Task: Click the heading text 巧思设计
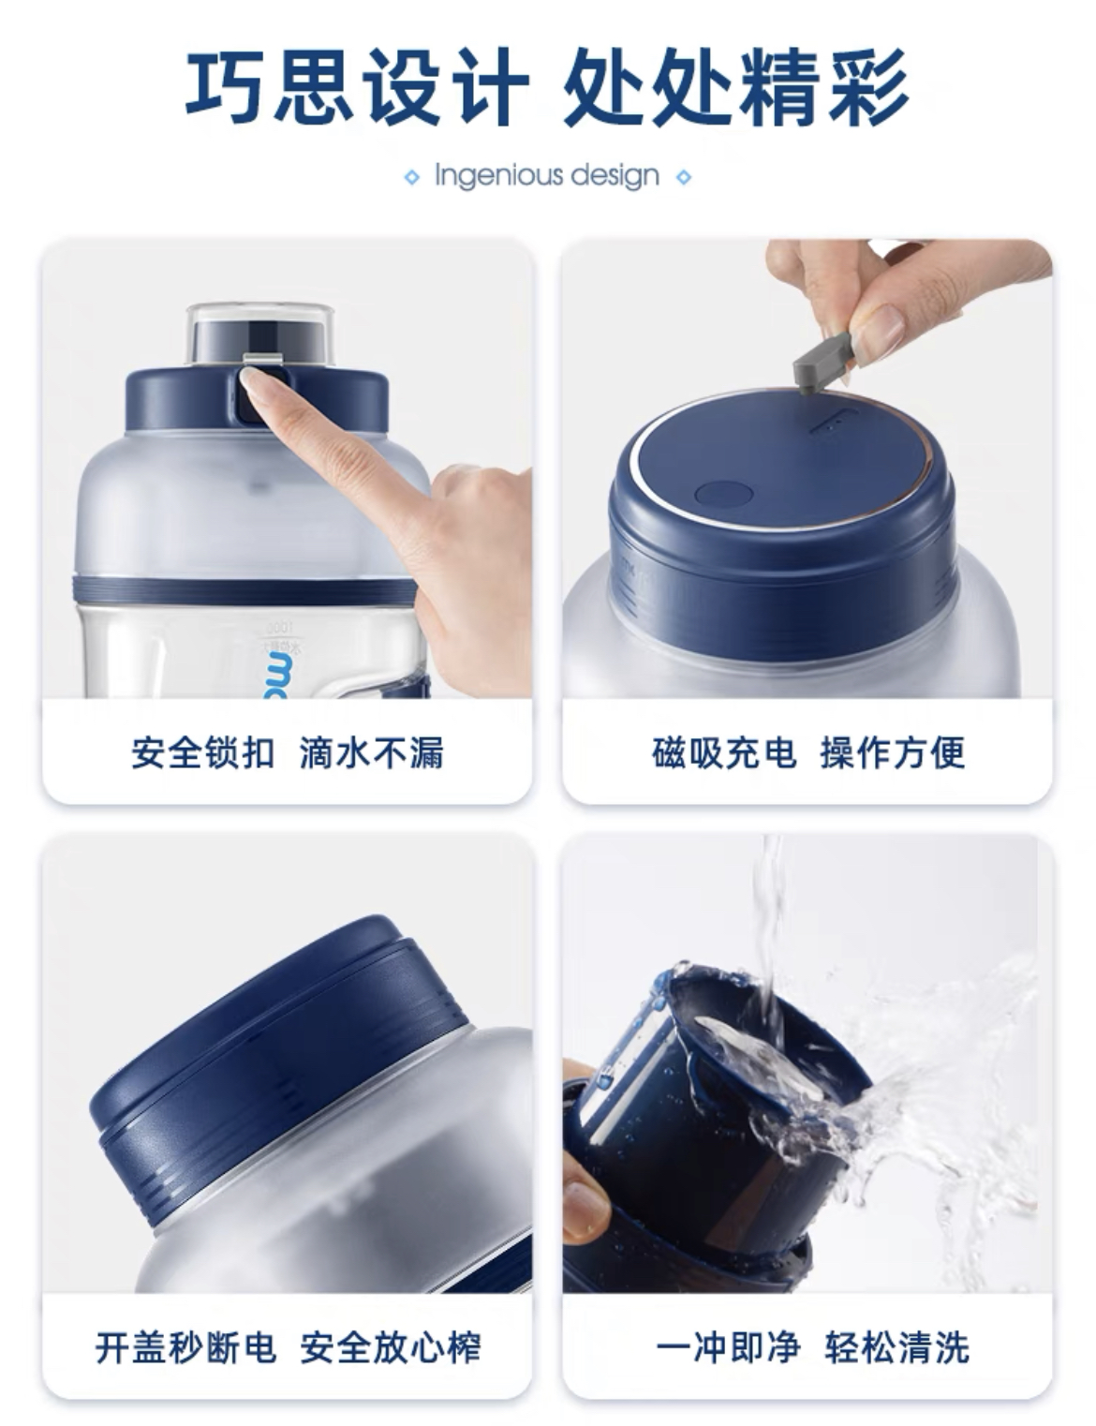(356, 87)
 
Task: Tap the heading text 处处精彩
(736, 87)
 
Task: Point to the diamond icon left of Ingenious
(412, 177)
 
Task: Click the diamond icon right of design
(684, 177)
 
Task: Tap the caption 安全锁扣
(202, 752)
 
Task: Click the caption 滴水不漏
(371, 752)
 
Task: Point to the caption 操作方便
(892, 752)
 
